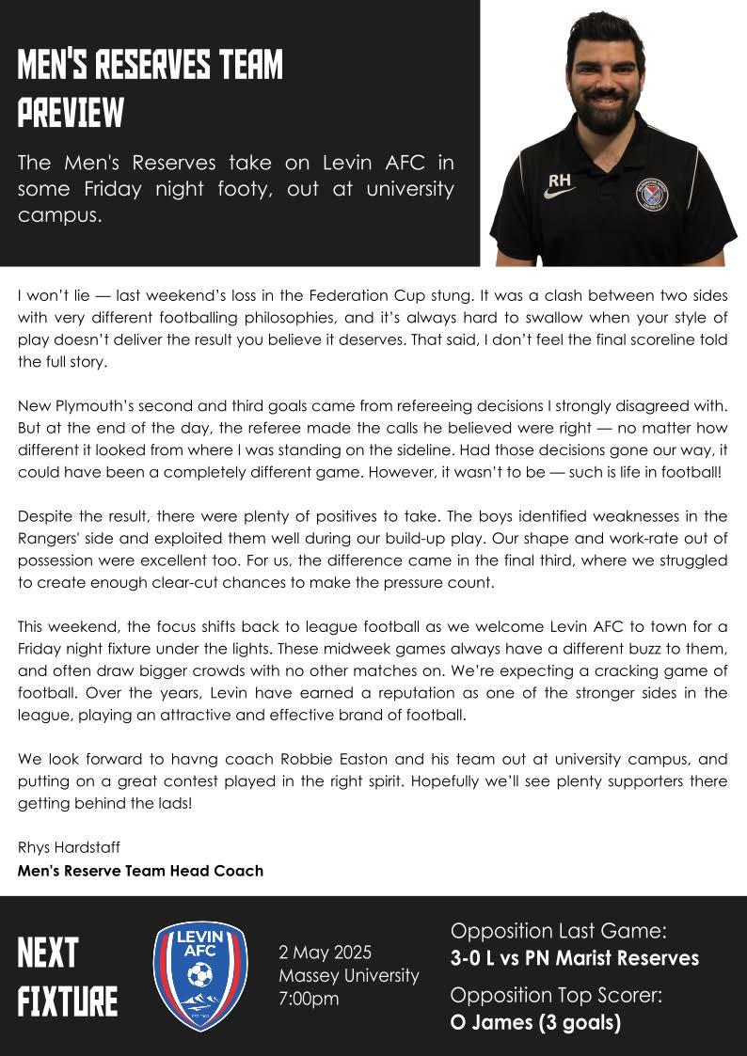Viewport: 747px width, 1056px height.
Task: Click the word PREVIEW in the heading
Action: [x=71, y=114]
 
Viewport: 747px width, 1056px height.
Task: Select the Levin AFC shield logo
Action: [x=199, y=976]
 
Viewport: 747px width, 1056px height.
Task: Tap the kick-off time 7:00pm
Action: [x=309, y=999]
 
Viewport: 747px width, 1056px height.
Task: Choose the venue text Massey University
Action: [x=349, y=975]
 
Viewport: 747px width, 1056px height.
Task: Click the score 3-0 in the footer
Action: [x=471, y=958]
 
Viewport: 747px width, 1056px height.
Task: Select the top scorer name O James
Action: [x=490, y=1023]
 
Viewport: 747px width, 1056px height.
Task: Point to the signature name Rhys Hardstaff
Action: [x=69, y=847]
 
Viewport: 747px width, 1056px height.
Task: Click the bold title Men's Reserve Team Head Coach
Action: [x=140, y=871]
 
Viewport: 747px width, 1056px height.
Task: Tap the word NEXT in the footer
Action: [x=48, y=954]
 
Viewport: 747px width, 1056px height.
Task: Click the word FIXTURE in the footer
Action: [x=68, y=1001]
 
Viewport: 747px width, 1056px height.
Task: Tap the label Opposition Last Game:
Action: [x=558, y=931]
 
